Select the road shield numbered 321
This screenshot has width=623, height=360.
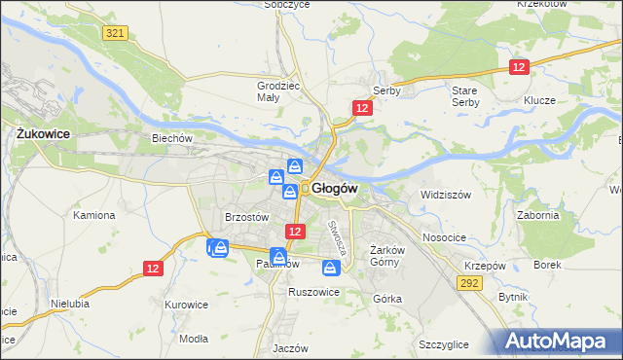coord(115,33)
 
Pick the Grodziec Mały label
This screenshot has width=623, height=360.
coord(275,90)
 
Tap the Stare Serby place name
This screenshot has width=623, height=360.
coord(465,95)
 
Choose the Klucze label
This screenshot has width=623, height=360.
coord(538,100)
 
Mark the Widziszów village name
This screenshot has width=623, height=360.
coord(445,195)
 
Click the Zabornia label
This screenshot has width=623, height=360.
coord(538,215)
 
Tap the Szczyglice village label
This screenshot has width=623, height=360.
coord(443,344)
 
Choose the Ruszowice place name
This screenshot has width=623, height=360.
coord(313,292)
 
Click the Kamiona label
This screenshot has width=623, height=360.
coord(94,214)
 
